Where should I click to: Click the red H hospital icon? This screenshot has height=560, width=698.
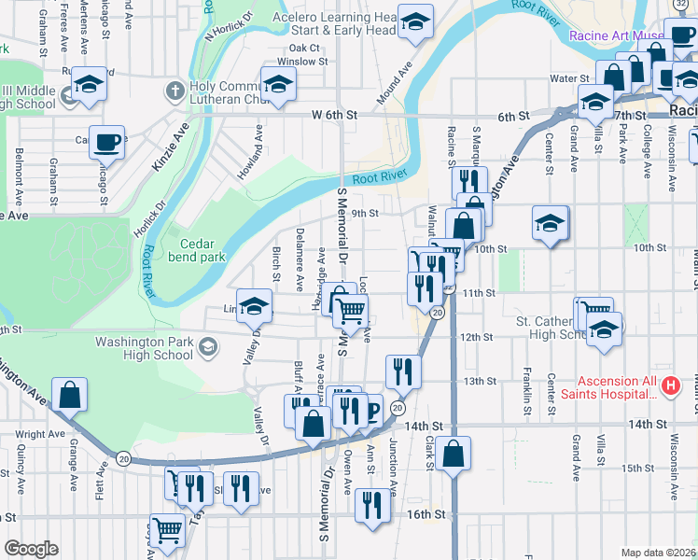pos(669,385)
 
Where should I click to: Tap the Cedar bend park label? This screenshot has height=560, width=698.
pos(197,250)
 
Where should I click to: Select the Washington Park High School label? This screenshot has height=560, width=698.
pos(145,348)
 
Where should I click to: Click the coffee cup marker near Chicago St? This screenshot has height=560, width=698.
pos(107,143)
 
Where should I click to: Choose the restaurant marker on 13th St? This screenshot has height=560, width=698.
pos(403,371)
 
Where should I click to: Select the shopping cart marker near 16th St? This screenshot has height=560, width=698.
pos(167,529)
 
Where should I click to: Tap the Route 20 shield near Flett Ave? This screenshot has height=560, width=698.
pos(123,457)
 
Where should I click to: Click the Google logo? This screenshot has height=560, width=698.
pos(31,549)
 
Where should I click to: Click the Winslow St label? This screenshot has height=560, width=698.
pos(308,62)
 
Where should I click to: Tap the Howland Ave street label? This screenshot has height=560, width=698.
pos(258,144)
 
